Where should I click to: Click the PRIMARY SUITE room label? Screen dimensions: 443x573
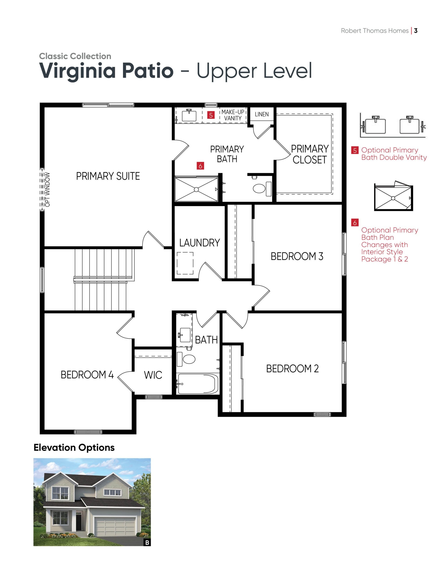[x=108, y=176]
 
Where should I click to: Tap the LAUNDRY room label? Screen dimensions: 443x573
[x=200, y=243]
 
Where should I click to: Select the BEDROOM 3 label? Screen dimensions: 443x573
[x=297, y=256]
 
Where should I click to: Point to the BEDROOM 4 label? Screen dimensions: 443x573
[x=87, y=375]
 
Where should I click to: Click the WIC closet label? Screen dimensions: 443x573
[x=153, y=375]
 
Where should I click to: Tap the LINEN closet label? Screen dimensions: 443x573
[x=262, y=114]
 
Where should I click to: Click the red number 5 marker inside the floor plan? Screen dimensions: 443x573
[x=211, y=115]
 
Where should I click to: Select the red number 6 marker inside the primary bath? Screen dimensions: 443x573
[x=200, y=166]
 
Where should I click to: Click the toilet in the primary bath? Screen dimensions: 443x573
[x=262, y=189]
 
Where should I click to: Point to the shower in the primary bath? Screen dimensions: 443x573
[x=196, y=189]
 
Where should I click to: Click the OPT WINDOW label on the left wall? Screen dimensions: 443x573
[x=47, y=189]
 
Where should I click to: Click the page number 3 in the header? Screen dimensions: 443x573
[x=416, y=31]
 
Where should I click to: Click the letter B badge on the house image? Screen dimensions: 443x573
[x=147, y=543]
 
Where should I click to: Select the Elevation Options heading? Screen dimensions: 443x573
[x=74, y=447]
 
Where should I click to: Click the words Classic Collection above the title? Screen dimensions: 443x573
[x=75, y=56]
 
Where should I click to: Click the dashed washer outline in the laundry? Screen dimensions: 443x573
[x=185, y=263]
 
